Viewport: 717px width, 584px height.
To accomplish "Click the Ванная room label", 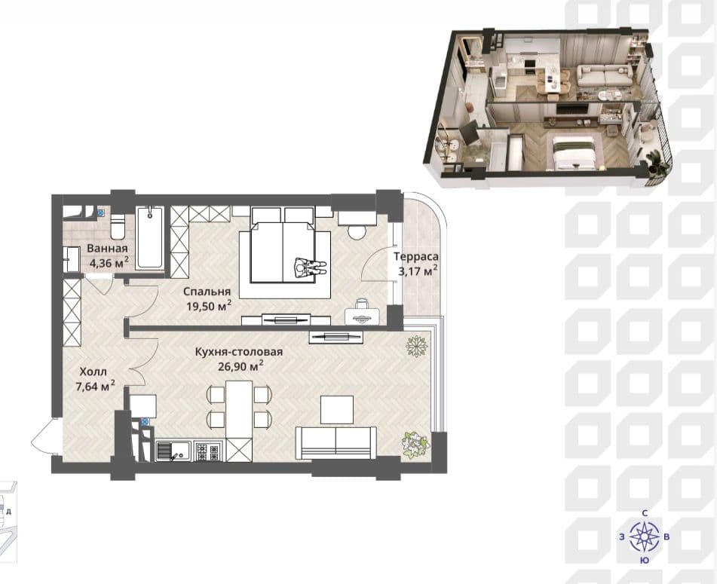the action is click(x=107, y=249).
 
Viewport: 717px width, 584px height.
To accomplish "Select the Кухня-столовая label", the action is click(x=239, y=352).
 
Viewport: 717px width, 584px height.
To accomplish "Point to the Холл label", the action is click(x=93, y=371).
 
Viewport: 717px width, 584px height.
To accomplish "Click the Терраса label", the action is click(x=416, y=257).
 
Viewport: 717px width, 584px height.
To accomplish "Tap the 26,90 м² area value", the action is click(x=241, y=365).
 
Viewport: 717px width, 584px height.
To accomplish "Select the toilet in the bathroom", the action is click(x=118, y=226).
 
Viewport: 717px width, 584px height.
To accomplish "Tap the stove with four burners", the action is click(x=208, y=451).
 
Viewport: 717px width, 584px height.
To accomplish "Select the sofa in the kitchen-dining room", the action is click(x=336, y=443).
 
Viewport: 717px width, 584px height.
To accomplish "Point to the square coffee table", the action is click(x=337, y=409).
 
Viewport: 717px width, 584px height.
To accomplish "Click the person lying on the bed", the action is click(x=310, y=267).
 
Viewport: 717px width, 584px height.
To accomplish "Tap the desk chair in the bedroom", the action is click(x=362, y=304).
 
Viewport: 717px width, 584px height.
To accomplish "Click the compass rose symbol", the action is click(x=645, y=536).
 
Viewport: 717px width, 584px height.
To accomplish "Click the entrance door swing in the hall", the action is click(x=42, y=436).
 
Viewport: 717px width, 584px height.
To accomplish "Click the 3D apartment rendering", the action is click(x=548, y=108).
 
